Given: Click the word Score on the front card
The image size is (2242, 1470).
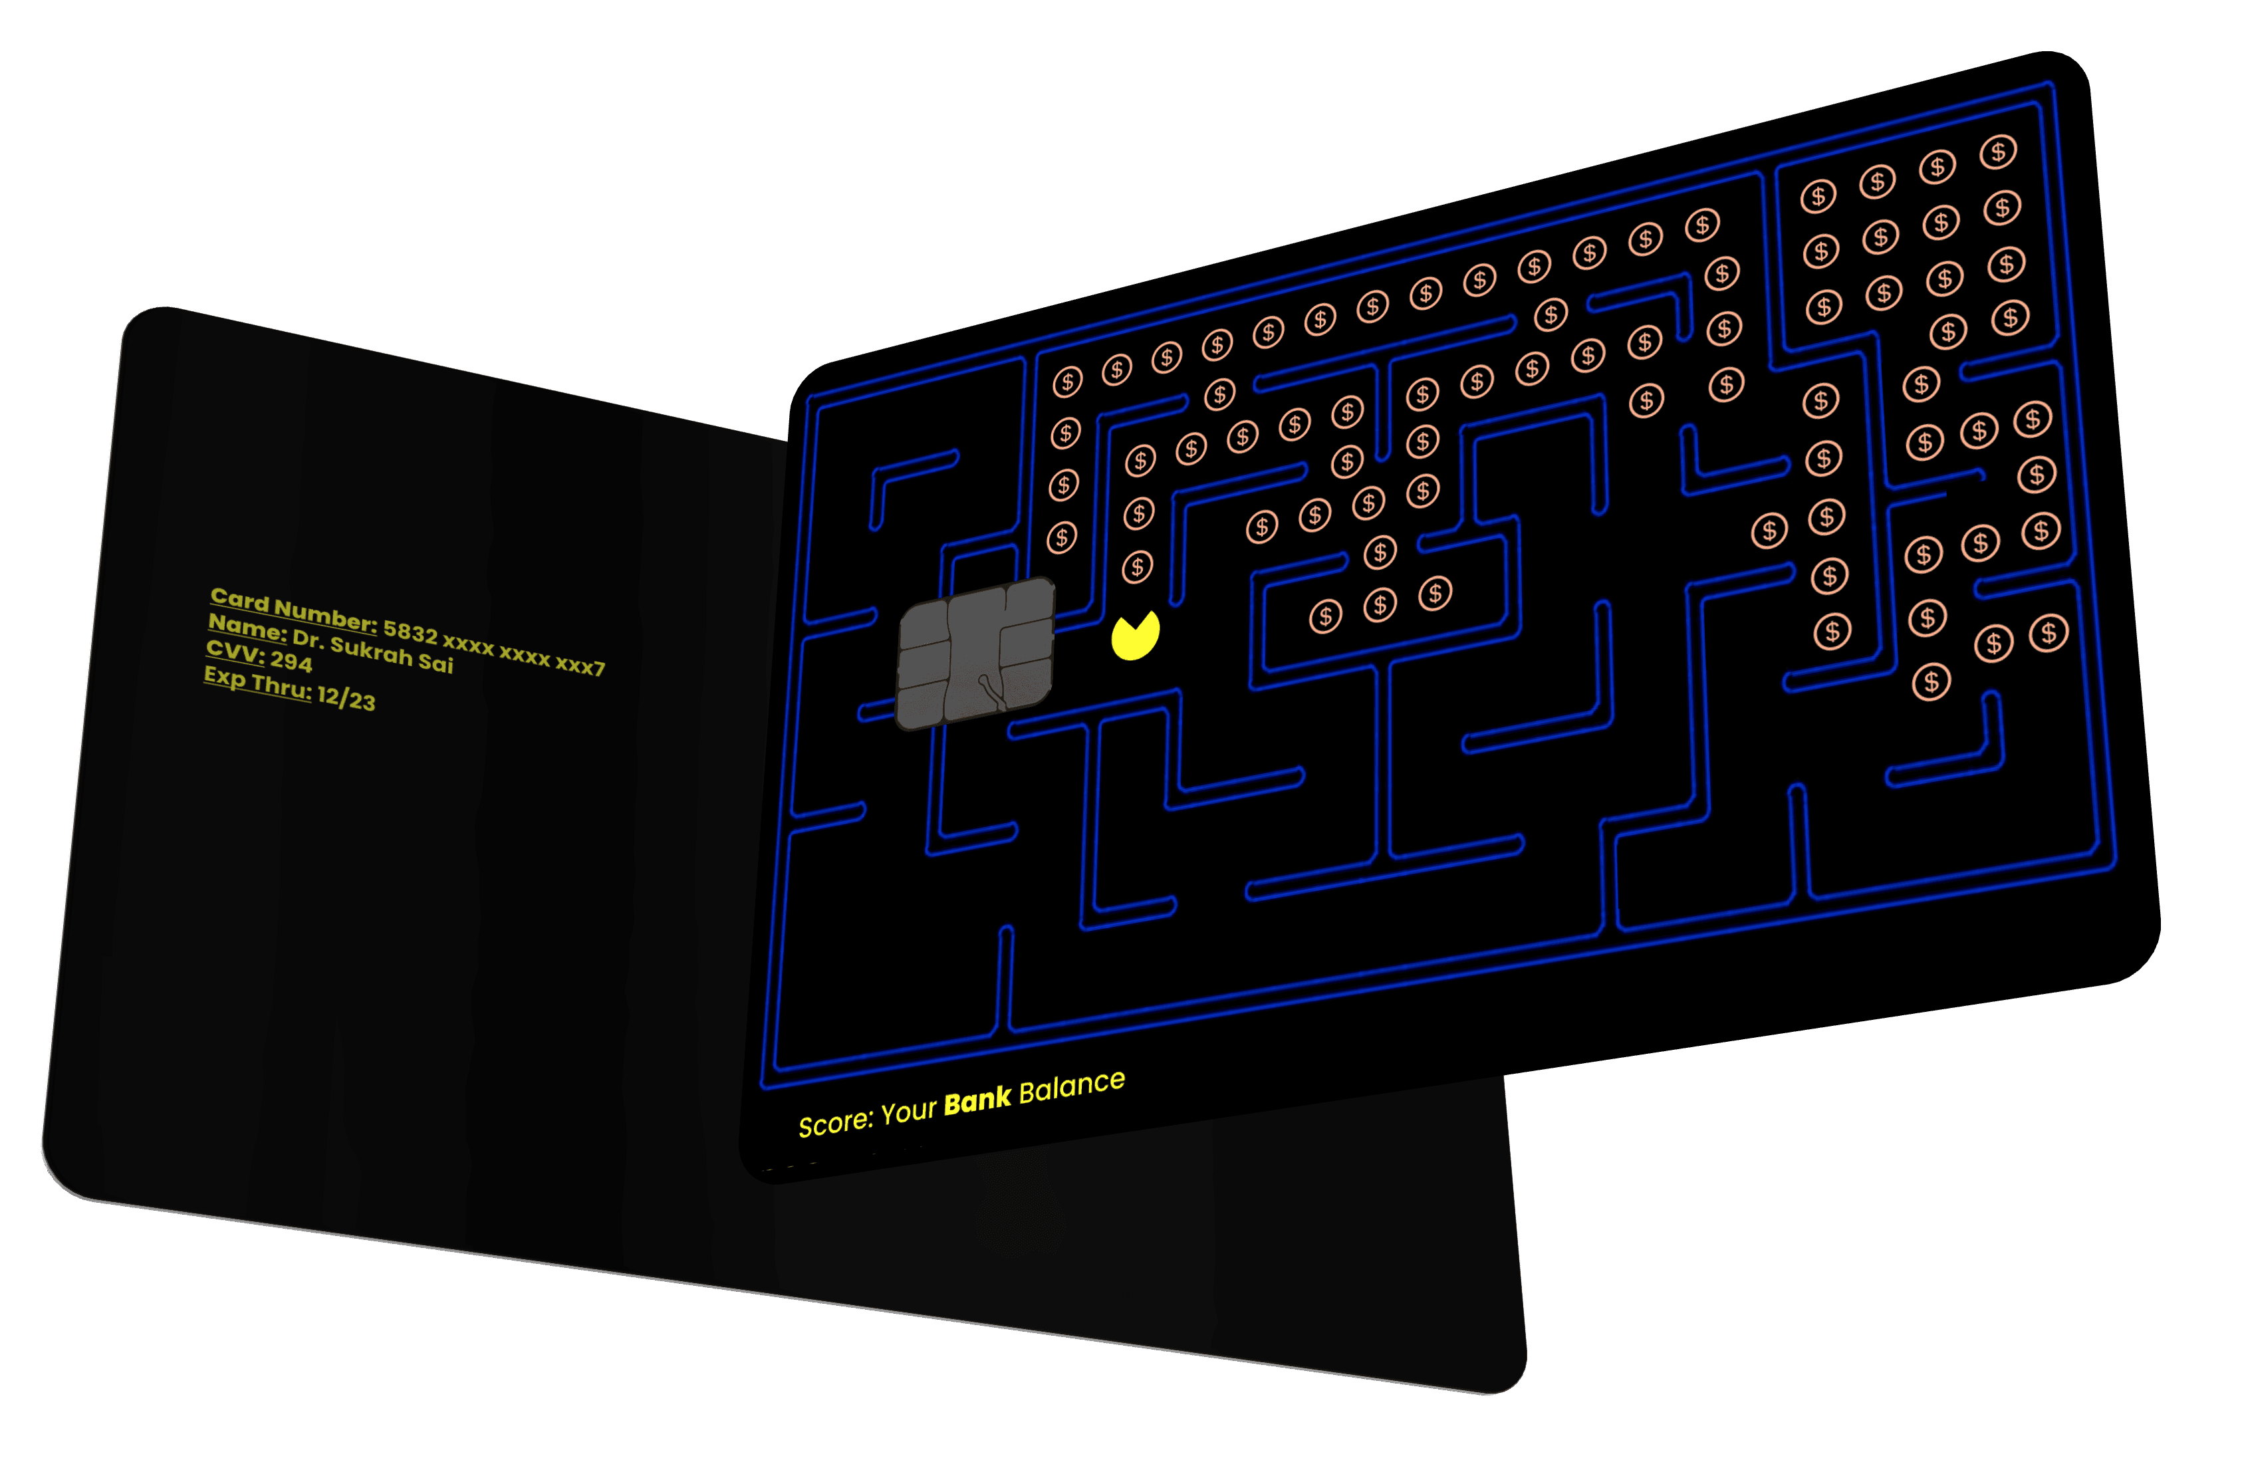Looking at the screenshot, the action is click(834, 1122).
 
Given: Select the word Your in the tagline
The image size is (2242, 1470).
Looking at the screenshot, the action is click(909, 1111).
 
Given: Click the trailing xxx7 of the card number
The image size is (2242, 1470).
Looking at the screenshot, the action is click(579, 664).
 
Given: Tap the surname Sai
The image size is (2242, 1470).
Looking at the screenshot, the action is click(436, 663).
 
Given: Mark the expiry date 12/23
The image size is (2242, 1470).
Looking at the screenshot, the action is click(346, 698).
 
